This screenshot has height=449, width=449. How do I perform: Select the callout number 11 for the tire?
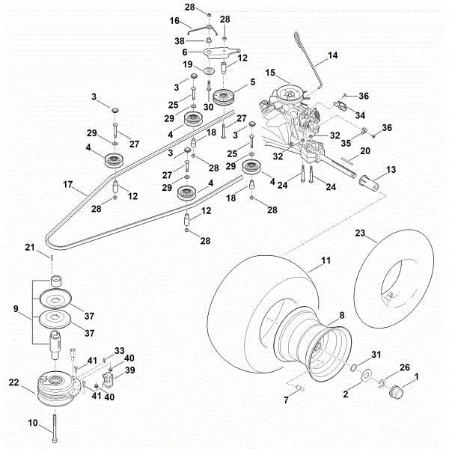point(326,261)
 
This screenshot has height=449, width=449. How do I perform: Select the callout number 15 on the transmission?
point(270,72)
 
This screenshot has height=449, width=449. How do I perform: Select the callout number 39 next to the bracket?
point(129,370)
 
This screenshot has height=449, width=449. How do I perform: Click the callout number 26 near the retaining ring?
point(405,367)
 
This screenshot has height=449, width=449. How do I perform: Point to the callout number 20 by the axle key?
point(366,150)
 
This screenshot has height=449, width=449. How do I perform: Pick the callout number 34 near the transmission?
point(360,115)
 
